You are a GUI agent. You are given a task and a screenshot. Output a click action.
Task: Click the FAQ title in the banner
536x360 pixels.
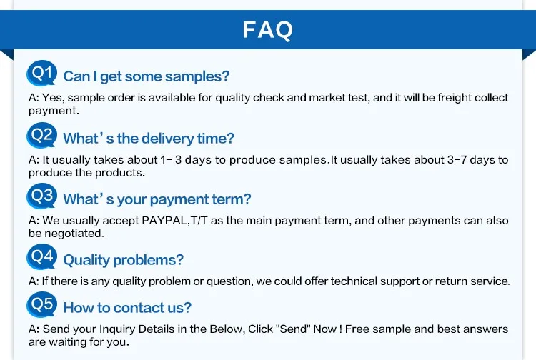pyautogui.click(x=268, y=30)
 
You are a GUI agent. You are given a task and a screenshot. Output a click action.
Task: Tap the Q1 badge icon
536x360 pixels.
pyautogui.click(x=41, y=73)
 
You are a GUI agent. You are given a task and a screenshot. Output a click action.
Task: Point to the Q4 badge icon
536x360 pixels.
pyautogui.click(x=41, y=256)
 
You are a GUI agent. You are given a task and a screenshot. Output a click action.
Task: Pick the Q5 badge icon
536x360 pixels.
pyautogui.click(x=41, y=305)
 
